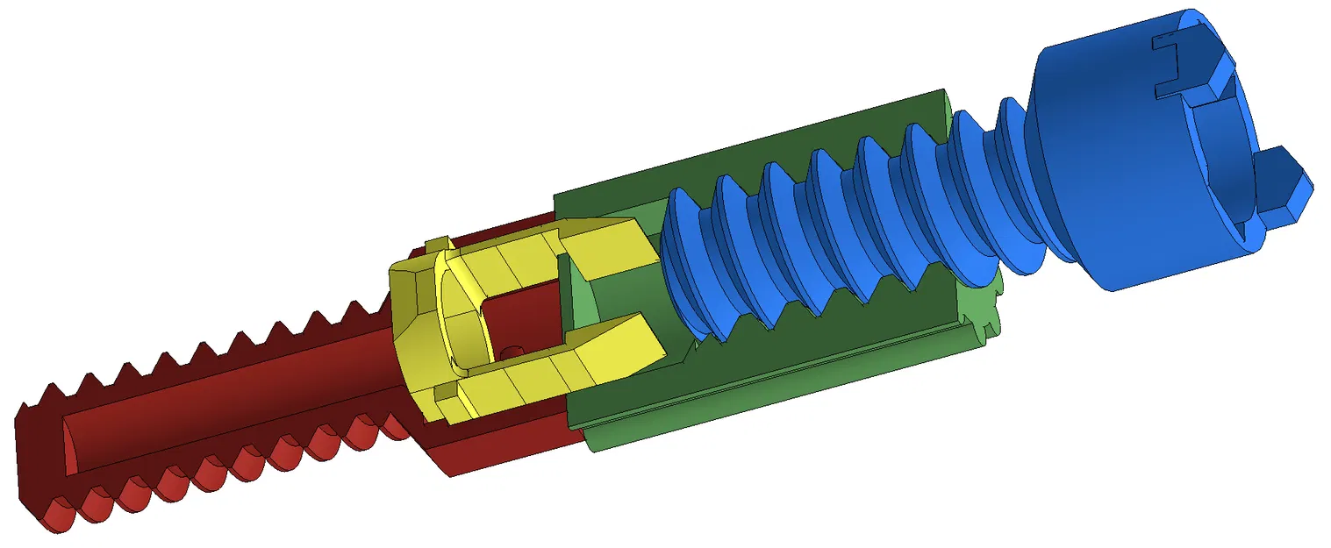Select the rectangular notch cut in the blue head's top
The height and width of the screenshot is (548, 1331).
click(x=1176, y=66)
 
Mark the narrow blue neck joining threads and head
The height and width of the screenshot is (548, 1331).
click(x=1009, y=175)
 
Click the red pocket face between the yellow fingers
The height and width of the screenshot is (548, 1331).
click(x=522, y=316)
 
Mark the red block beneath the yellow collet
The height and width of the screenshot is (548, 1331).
click(x=500, y=438)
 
